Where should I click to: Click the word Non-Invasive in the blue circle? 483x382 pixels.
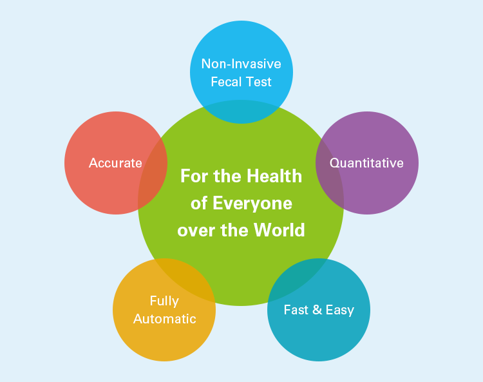pos(241,64)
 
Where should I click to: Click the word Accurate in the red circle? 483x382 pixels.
pos(115,163)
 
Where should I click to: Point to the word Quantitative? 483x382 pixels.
pos(366,163)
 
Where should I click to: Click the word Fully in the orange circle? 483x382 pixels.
pos(164,301)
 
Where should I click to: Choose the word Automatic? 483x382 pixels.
pos(164,319)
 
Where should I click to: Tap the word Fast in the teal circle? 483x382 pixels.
pos(296,310)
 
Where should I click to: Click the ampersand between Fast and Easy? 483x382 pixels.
pos(317,310)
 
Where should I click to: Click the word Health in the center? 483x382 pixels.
pos(274,176)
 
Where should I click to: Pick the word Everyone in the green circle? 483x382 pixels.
pos(252,204)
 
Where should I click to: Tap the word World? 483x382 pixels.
pos(279,230)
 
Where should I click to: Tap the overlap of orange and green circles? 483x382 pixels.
pos(178,276)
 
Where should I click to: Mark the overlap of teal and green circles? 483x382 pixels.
pos(303,276)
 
